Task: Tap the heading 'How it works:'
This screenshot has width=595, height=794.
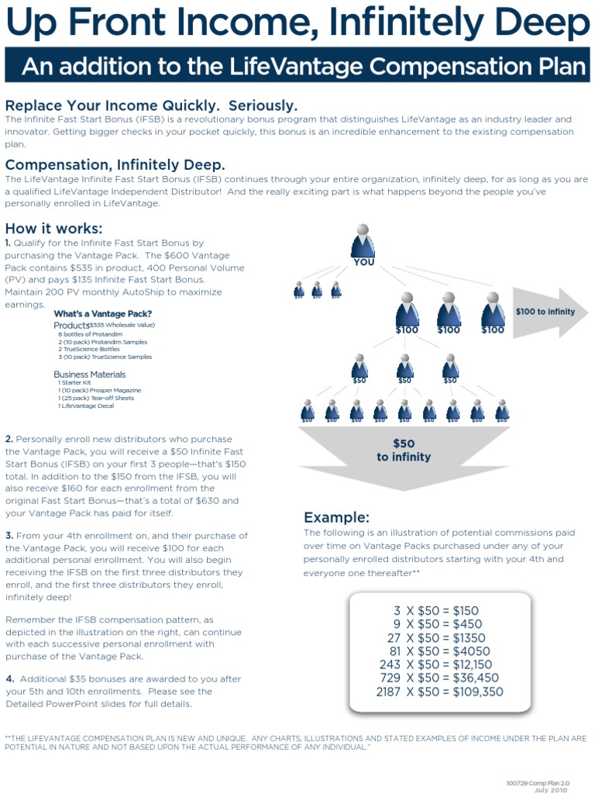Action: (53, 228)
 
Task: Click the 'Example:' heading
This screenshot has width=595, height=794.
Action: (336, 517)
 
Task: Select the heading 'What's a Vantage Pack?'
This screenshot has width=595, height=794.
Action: (102, 313)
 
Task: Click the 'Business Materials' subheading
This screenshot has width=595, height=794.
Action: (89, 375)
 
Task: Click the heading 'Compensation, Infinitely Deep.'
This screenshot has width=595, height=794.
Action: (115, 164)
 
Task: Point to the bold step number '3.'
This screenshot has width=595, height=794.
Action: (9, 536)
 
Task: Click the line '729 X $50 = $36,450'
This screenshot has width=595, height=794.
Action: (439, 678)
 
